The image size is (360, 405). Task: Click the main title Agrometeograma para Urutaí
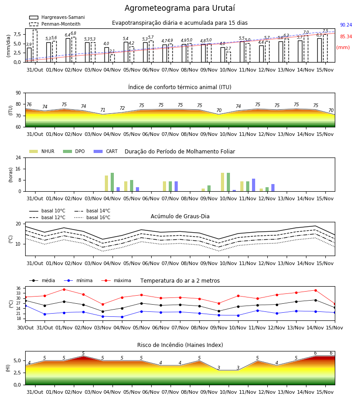click(180, 8)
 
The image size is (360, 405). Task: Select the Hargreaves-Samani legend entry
click(57, 17)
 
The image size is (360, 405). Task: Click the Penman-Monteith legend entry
click(55, 24)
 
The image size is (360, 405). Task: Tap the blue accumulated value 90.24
click(346, 25)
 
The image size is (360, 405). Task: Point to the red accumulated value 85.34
click(346, 36)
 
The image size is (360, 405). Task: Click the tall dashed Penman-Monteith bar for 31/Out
click(35, 46)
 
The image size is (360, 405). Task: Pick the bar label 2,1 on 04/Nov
click(112, 51)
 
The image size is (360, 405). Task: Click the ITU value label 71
click(103, 110)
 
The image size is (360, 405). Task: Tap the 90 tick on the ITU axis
click(18, 93)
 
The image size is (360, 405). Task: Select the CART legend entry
click(105, 151)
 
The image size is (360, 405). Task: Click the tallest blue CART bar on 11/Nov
click(254, 185)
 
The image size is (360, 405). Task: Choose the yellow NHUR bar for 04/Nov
click(106, 184)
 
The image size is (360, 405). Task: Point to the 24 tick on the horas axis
click(18, 157)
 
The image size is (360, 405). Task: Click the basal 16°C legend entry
click(92, 217)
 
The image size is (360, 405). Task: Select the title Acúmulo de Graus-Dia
click(180, 216)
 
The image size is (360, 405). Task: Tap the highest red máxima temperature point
click(64, 289)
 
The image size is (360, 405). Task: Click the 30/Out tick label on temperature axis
click(25, 328)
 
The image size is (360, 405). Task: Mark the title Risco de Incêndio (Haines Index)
click(180, 345)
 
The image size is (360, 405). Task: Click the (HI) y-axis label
click(8, 368)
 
